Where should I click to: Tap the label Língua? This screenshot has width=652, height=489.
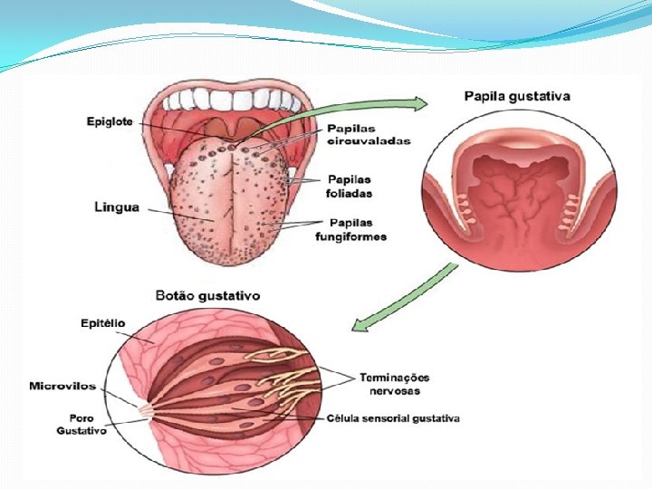coord(117,207)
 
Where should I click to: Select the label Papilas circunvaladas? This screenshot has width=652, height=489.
coord(369,135)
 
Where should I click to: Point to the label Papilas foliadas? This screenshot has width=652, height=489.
coord(350,186)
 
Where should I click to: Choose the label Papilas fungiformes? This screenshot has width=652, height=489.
coord(350,230)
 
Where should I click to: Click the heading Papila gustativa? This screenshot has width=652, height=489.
coord(517,95)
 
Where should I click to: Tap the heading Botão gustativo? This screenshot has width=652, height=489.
coord(208,295)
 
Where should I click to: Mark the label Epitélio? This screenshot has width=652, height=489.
coord(103,322)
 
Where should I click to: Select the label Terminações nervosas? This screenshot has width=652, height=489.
coord(394,384)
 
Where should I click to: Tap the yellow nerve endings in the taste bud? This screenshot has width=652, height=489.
coord(290,362)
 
